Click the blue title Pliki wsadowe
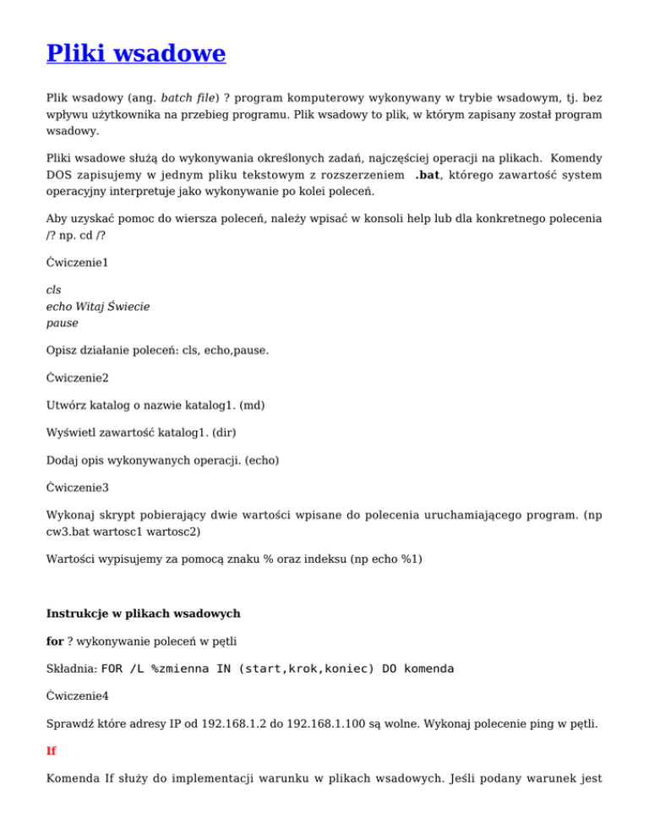[135, 54]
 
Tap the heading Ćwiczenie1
[78, 263]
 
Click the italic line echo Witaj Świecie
[97, 306]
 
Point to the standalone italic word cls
[53, 289]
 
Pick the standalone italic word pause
[62, 323]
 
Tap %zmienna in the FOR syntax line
[183, 668]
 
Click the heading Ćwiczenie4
[78, 697]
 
